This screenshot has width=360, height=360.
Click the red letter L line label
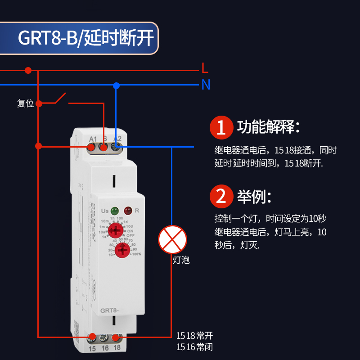[x=205, y=69]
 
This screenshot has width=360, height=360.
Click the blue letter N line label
[x=206, y=85]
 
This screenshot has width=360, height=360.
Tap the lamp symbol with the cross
[x=172, y=239]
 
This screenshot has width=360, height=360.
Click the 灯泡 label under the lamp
[x=181, y=260]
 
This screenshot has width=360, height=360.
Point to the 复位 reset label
[x=26, y=103]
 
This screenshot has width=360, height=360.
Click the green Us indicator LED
[x=114, y=210]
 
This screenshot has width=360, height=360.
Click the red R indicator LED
[x=128, y=210]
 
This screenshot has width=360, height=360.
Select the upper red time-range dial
[x=116, y=230]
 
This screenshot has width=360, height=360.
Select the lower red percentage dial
[x=120, y=250]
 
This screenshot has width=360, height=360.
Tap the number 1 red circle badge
[x=221, y=127]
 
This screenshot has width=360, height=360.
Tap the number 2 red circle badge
[x=221, y=196]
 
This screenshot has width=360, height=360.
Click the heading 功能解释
[x=268, y=127]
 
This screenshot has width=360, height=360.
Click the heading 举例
[x=254, y=196]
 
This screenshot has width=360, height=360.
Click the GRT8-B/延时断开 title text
[x=85, y=39]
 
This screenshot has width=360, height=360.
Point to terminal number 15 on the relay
[x=92, y=348]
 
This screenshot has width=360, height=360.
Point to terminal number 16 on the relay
[x=104, y=348]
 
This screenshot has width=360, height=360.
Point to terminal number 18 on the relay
[x=117, y=348]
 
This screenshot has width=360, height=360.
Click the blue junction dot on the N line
[x=116, y=85]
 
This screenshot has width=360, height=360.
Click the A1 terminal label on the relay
[x=93, y=139]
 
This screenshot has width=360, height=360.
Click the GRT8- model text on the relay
[x=109, y=310]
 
